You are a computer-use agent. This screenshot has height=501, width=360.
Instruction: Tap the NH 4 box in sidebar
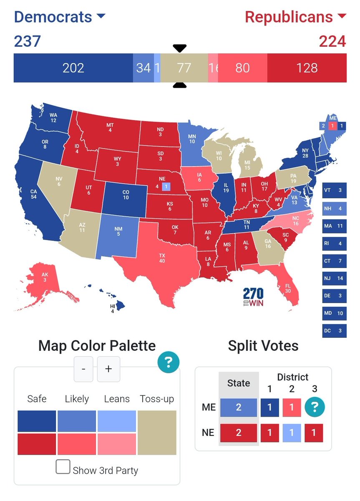pyautogui.click(x=334, y=208)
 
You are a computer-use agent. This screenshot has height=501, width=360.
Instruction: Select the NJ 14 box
pyautogui.click(x=334, y=278)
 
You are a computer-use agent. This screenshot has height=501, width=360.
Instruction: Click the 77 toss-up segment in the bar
pyautogui.click(x=184, y=68)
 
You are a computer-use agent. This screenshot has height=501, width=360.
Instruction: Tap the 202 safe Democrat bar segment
pyautogui.click(x=73, y=68)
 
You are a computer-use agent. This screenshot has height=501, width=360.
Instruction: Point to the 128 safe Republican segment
pyautogui.click(x=307, y=68)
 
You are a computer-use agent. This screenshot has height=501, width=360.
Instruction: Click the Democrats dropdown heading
pyautogui.click(x=60, y=17)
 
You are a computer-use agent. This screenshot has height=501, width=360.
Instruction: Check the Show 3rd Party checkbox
pyautogui.click(x=63, y=466)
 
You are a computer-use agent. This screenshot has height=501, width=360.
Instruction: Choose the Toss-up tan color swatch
pyautogui.click(x=157, y=433)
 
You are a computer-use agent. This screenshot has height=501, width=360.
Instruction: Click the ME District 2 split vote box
pyautogui.click(x=292, y=407)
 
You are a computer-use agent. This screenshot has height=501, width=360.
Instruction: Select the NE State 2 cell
pyautogui.click(x=239, y=432)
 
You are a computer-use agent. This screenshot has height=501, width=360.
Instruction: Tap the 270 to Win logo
pyautogui.click(x=253, y=296)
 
